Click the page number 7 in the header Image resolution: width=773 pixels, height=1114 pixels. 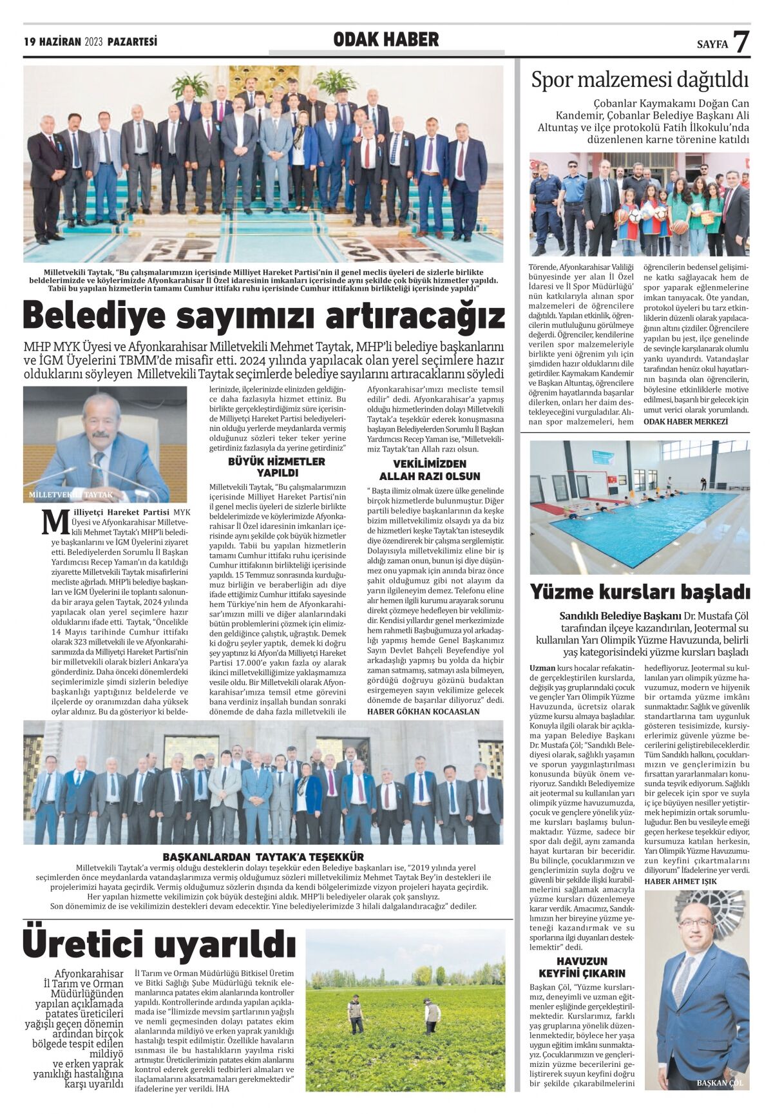coord(741,42)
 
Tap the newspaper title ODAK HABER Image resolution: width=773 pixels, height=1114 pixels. coord(386,40)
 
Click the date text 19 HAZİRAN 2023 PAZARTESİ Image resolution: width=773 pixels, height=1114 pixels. coord(91,42)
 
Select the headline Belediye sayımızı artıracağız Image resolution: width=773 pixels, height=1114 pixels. coord(263,316)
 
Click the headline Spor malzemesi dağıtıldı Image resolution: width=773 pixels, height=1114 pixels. coord(640,81)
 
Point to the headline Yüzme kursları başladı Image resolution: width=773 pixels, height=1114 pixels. coord(640,591)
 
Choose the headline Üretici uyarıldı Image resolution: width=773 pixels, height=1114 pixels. coord(159,945)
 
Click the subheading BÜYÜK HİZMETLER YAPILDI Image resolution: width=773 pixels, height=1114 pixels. coord(276,466)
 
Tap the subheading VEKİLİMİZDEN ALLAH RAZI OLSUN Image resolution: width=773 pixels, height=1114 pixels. coord(429,470)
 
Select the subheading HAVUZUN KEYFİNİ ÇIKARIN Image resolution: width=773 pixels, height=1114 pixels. coord(582,967)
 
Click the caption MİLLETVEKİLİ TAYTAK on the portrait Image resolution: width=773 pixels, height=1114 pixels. coord(71,495)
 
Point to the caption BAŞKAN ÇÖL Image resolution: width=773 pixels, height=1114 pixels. coord(720,1083)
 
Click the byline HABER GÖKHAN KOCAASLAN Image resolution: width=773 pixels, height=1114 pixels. coord(423,711)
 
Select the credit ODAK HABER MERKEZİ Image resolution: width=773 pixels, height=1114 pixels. coord(685,421)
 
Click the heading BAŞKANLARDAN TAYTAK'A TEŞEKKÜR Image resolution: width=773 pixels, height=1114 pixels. coord(263,857)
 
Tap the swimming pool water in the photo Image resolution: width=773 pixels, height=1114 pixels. coord(644,525)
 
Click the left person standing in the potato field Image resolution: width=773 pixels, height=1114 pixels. coord(354,1014)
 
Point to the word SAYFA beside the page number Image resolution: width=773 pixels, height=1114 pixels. coord(712,44)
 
